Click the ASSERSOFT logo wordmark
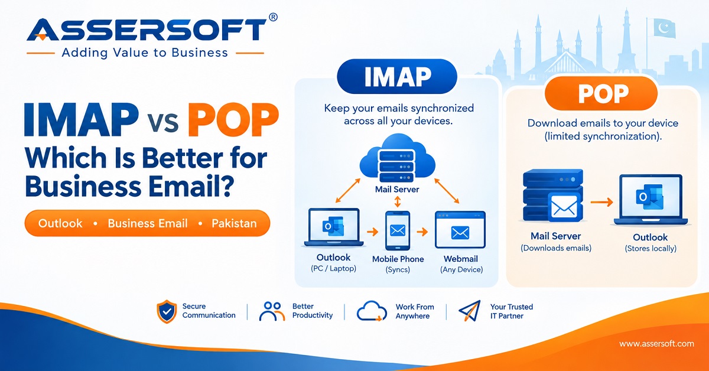(147, 30)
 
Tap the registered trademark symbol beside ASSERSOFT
(273, 17)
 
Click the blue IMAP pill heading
(397, 76)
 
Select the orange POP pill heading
(601, 93)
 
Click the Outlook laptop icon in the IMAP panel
(334, 227)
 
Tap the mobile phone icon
(398, 230)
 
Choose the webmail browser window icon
(460, 229)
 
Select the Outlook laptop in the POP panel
(651, 200)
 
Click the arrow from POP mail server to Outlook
(601, 202)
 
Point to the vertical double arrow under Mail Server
(398, 201)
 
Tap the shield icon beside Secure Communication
(167, 311)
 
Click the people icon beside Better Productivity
(272, 311)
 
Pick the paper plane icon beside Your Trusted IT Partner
(470, 311)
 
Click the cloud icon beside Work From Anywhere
(372, 311)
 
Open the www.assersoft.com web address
(656, 344)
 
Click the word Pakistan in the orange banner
(234, 223)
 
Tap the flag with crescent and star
(664, 28)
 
